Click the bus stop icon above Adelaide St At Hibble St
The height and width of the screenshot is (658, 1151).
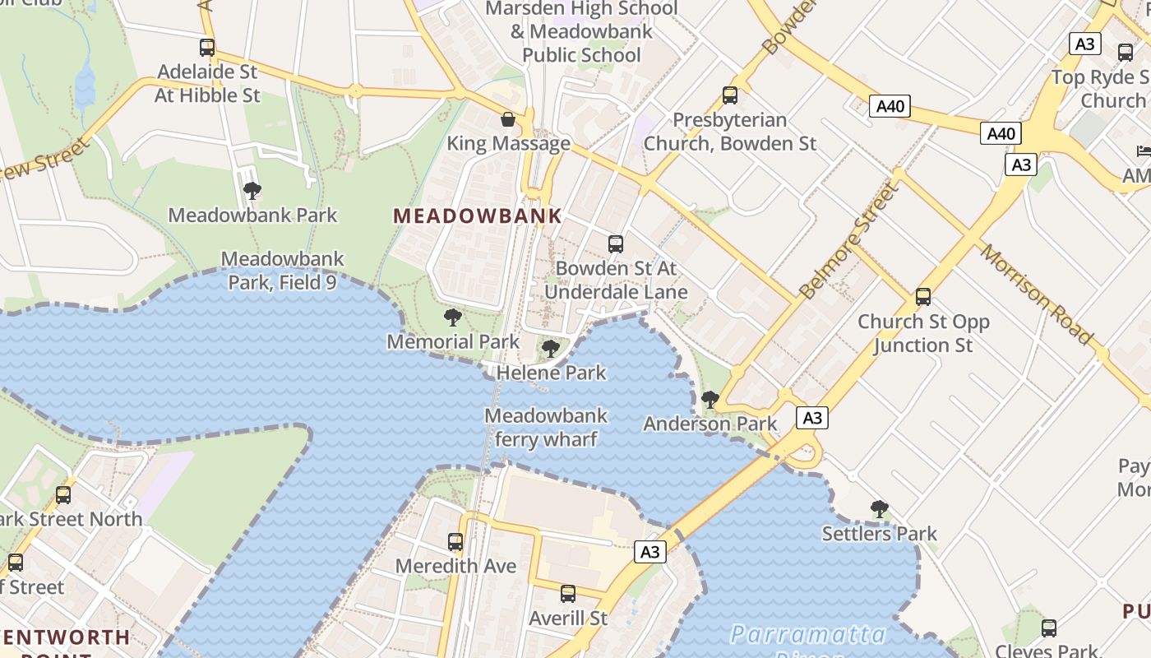click(x=207, y=48)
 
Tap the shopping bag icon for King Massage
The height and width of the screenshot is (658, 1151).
click(x=508, y=119)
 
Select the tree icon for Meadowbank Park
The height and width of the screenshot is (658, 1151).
click(x=252, y=191)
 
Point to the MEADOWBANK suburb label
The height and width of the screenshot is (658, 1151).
click(x=478, y=216)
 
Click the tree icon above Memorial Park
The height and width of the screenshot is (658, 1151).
click(x=452, y=317)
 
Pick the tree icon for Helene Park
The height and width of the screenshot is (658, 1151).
click(x=551, y=349)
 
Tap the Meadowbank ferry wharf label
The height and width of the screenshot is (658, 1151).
click(x=546, y=428)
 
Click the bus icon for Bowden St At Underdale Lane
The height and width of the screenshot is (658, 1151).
click(x=616, y=243)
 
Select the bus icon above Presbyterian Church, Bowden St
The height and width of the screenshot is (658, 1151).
click(x=729, y=95)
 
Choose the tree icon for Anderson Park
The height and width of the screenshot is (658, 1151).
click(x=710, y=400)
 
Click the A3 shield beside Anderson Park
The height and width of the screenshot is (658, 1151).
click(x=811, y=418)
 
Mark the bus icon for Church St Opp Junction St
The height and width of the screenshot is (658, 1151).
click(x=923, y=297)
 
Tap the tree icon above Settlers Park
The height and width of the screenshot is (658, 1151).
click(x=879, y=508)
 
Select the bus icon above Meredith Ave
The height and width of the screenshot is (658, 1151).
click(x=455, y=542)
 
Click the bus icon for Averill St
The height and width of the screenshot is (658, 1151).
click(x=567, y=594)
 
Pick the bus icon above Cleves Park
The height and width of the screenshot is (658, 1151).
click(x=1048, y=628)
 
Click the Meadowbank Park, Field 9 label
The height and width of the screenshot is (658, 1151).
click(x=282, y=271)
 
